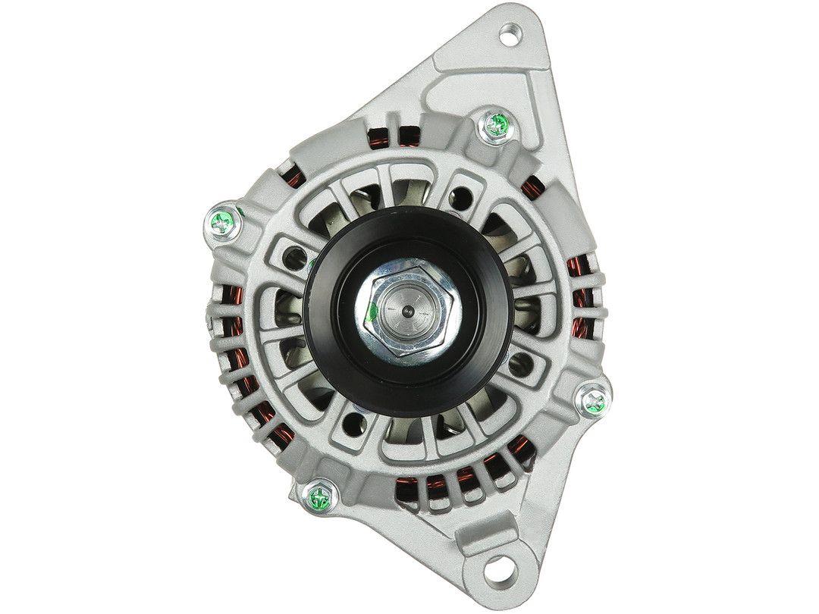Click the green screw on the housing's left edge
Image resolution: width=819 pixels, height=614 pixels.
pyautogui.click(x=223, y=221)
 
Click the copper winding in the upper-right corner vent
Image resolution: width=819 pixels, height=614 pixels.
pyautogui.click(x=538, y=186)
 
